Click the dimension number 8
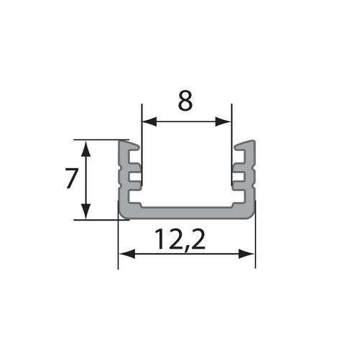tap(185, 101)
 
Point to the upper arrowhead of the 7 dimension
tap(86, 147)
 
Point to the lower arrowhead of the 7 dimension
tap(86, 213)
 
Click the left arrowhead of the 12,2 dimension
tap(123, 252)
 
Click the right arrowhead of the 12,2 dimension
tap(251, 252)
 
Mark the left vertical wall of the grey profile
tap(122, 180)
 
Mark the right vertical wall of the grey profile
tap(251, 180)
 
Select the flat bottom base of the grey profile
tap(187, 211)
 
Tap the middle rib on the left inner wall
tap(134, 175)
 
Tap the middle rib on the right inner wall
tap(240, 175)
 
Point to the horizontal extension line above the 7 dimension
tap(101, 139)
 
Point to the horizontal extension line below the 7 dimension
tap(101, 219)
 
